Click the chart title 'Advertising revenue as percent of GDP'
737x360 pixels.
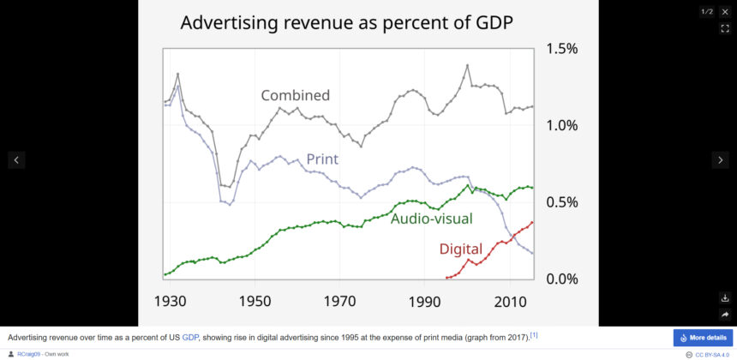click(x=346, y=23)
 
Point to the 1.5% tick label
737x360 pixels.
click(x=562, y=49)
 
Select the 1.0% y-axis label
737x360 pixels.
click(x=562, y=126)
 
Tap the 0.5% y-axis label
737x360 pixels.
click(x=562, y=202)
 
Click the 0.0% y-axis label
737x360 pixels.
click(x=562, y=279)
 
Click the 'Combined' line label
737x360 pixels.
click(x=296, y=95)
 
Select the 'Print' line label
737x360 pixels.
click(x=322, y=159)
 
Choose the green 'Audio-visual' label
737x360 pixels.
click(x=431, y=219)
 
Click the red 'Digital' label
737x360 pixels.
click(x=461, y=249)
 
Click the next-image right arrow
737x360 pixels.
click(x=721, y=159)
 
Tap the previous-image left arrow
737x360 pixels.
click(x=16, y=159)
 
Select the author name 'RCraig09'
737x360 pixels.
click(x=31, y=354)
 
